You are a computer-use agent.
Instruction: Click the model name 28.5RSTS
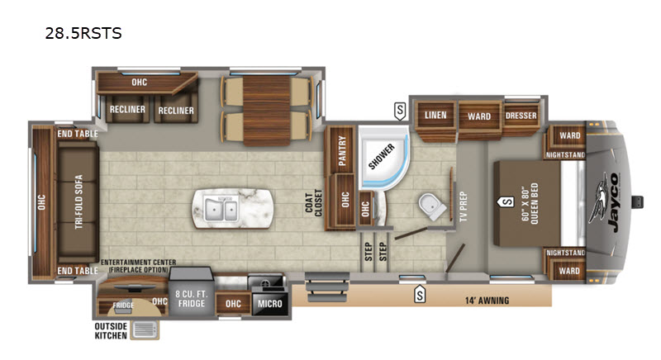tap(83, 33)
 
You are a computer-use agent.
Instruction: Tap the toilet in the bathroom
tap(431, 206)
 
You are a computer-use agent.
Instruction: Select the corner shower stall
tap(383, 158)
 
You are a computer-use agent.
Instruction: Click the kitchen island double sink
tap(221, 209)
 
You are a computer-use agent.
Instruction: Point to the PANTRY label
tap(342, 150)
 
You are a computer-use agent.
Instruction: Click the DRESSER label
tap(521, 116)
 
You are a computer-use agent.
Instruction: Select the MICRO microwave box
tap(270, 304)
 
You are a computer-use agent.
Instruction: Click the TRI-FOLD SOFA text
tap(78, 202)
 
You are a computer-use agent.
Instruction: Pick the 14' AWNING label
tap(487, 301)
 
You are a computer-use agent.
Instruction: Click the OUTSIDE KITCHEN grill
tap(145, 330)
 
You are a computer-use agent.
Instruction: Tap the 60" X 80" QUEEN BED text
tap(529, 204)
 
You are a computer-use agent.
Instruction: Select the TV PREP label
tap(464, 206)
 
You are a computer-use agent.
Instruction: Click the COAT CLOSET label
tap(313, 203)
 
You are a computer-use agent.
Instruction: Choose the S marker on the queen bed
tap(506, 202)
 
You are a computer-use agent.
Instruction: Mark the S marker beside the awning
tap(420, 294)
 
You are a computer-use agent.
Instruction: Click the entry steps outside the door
tap(326, 287)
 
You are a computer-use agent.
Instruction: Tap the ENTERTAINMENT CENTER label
tap(138, 263)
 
